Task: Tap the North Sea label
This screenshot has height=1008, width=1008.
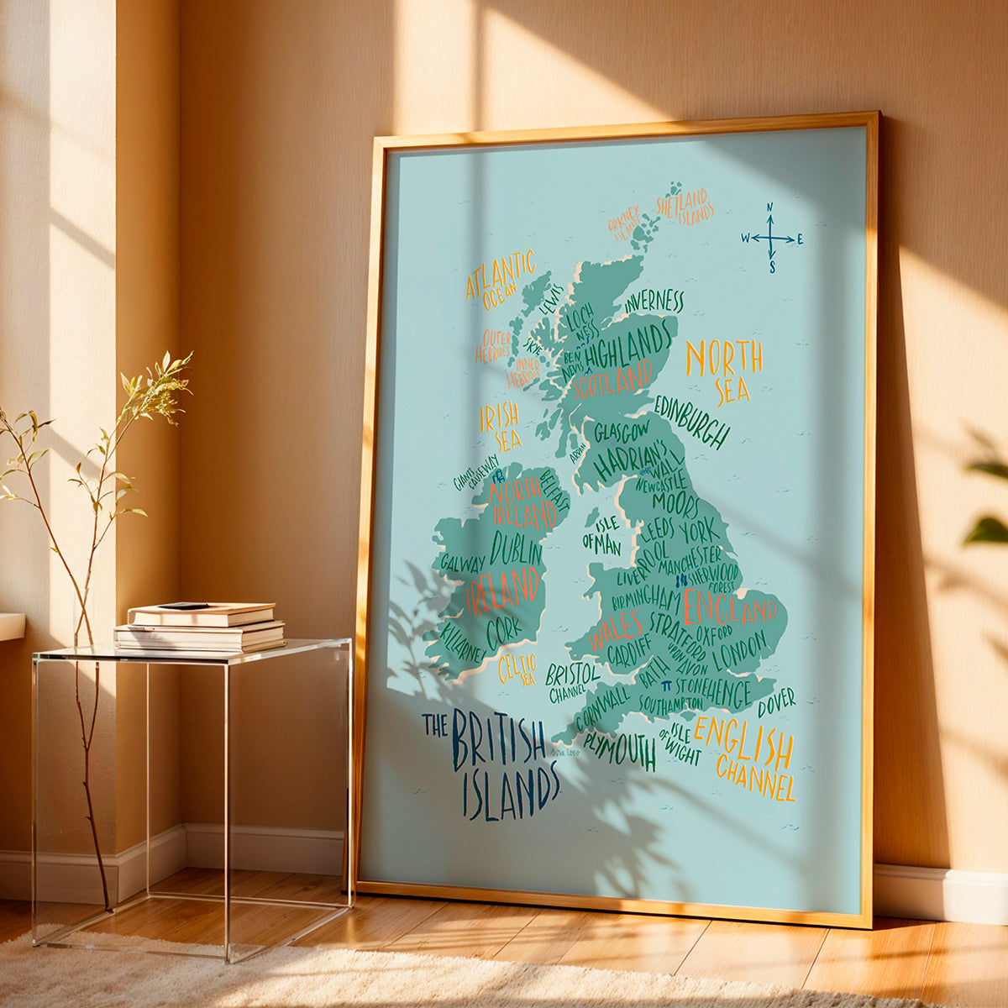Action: [x=724, y=370]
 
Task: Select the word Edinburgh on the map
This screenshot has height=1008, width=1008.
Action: [x=692, y=423]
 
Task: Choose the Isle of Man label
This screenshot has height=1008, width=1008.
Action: [x=604, y=535]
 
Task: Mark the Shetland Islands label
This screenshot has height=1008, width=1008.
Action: [x=685, y=206]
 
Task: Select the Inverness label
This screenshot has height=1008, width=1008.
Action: [x=654, y=301]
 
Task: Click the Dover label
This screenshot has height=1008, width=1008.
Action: [x=776, y=702]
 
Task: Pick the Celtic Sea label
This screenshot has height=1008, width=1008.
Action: [x=517, y=669]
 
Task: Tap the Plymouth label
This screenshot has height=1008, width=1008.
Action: [x=620, y=747]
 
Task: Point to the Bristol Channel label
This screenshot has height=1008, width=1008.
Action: [x=573, y=681]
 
